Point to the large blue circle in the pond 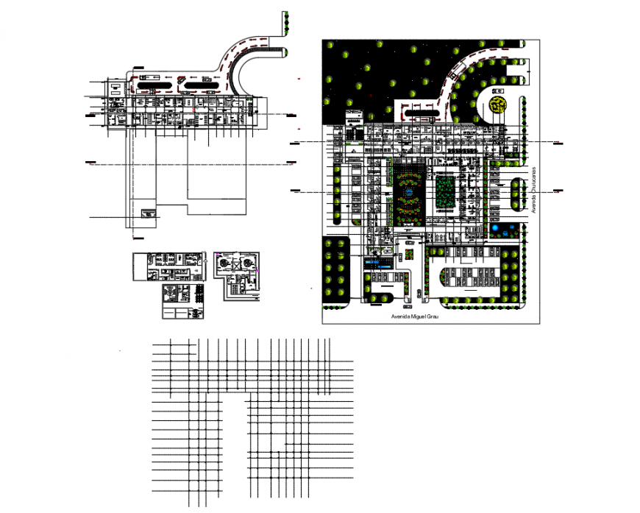click(501, 229)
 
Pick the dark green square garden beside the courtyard click(446, 193)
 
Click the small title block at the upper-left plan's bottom click(150, 214)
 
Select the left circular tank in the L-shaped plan click(224, 261)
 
